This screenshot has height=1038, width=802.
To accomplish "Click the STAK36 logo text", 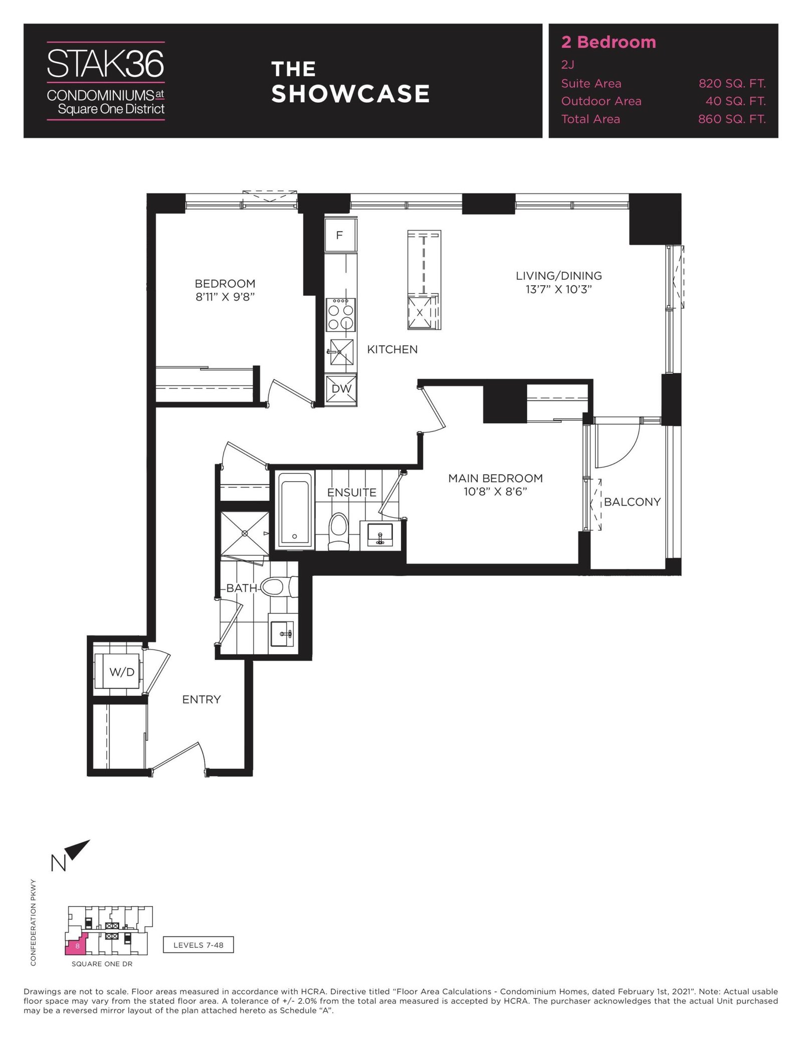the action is pyautogui.click(x=106, y=63).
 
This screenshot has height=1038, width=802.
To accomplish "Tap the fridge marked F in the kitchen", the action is pyautogui.click(x=340, y=235).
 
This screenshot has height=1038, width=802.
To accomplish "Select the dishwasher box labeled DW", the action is pyautogui.click(x=341, y=389).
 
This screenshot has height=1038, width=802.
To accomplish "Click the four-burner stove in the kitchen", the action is pyautogui.click(x=341, y=315).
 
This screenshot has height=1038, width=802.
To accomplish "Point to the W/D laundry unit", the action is pyautogui.click(x=122, y=672).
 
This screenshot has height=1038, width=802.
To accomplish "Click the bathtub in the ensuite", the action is pyautogui.click(x=295, y=510).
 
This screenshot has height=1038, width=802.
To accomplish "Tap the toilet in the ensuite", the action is pyautogui.click(x=339, y=531).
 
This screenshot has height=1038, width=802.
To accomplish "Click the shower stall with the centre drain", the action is pyautogui.click(x=245, y=534).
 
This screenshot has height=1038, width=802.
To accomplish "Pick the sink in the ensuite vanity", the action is pyautogui.click(x=380, y=535).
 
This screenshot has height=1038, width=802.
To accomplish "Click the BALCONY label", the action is pyautogui.click(x=632, y=502).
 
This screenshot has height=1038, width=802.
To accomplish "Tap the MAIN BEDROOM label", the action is pyautogui.click(x=495, y=478).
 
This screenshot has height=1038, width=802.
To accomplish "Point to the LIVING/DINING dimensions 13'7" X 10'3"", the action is pyautogui.click(x=559, y=289).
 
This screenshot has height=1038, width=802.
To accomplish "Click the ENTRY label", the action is pyautogui.click(x=202, y=699).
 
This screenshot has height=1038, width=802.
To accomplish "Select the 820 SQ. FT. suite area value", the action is pyautogui.click(x=732, y=84).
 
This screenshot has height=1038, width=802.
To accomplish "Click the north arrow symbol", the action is pyautogui.click(x=78, y=849).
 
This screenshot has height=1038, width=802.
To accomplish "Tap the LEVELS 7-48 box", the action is pyautogui.click(x=198, y=945).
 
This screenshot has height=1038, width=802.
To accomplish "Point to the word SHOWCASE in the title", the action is pyautogui.click(x=350, y=94).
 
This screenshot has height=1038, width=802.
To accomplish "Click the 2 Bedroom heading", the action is pyautogui.click(x=609, y=42).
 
